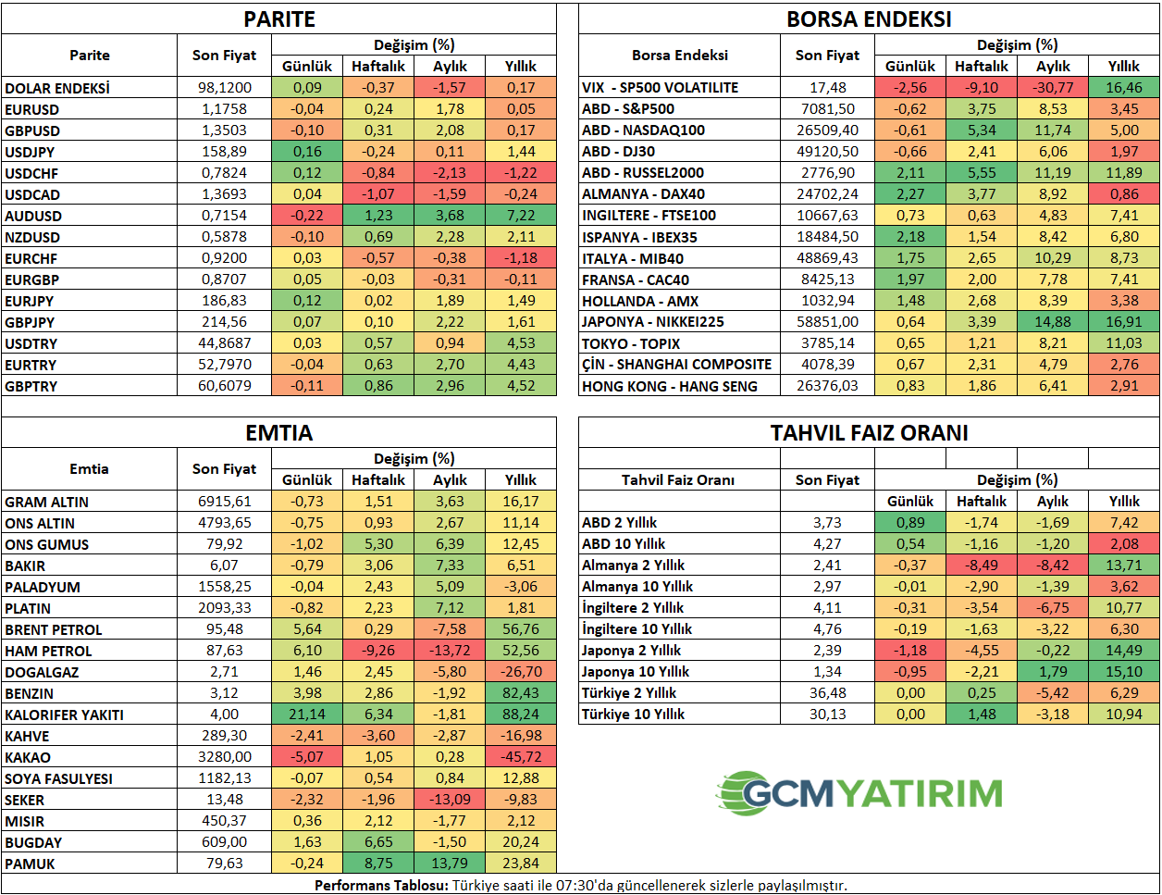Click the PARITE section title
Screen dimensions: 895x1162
pos(278,19)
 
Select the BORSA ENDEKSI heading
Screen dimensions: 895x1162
pos(869,19)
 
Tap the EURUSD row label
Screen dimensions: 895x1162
pos(32,109)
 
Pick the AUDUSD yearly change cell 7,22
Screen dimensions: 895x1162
pos(521,216)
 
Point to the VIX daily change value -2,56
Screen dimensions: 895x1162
pos(910,88)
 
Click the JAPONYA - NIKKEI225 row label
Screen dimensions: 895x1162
pos(652,322)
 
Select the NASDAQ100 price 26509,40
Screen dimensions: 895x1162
pos(827,131)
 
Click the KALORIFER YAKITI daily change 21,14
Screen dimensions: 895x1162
pos(307,715)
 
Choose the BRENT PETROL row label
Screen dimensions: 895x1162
pos(54,629)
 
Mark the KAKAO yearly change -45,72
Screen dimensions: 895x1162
pos(521,757)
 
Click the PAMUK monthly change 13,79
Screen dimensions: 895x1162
pos(450,864)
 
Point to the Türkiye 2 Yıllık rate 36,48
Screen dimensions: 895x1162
pos(827,693)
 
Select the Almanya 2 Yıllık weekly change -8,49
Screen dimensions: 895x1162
pos(982,566)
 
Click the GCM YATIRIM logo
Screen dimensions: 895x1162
pos(859,793)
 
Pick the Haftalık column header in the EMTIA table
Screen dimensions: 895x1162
pos(378,480)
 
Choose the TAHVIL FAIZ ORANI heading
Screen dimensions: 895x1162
pos(869,433)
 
